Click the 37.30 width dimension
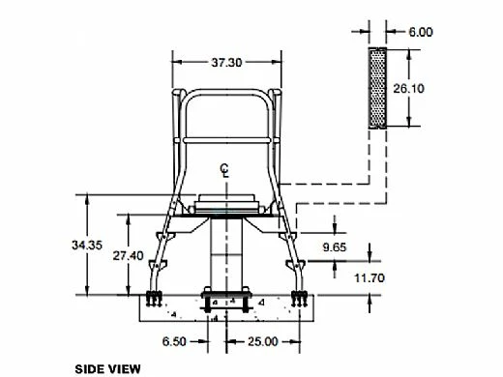pos(226,62)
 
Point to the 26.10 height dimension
pos(434,87)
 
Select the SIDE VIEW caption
pos(107,368)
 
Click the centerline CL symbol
pos(224,172)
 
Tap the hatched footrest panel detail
pos(376,87)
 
